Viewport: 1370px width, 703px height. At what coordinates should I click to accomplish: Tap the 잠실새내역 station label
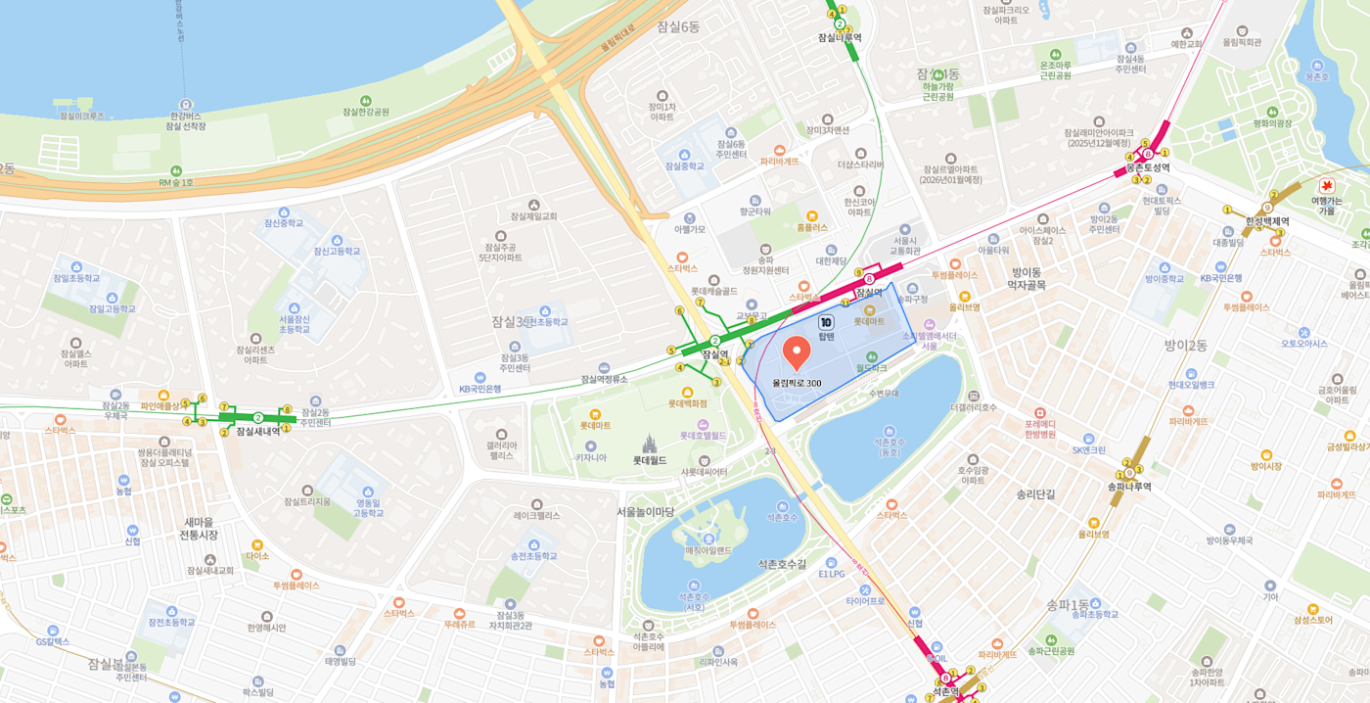click(258, 431)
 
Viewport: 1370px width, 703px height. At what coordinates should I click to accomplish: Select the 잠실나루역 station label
click(840, 38)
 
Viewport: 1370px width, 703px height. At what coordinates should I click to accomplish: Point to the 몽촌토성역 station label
click(1147, 167)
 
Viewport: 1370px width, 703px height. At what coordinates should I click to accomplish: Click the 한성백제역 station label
click(1267, 221)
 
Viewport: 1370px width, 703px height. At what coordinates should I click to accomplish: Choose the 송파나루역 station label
click(1129, 487)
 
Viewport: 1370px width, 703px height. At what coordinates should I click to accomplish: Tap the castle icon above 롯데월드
click(649, 445)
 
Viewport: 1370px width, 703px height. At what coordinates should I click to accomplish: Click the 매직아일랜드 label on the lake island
click(708, 550)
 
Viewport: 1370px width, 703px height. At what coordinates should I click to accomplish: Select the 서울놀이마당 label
click(645, 511)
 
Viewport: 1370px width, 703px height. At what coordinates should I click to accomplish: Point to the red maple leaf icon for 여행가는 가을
click(1327, 185)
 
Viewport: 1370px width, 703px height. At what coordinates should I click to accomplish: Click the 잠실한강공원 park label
click(365, 112)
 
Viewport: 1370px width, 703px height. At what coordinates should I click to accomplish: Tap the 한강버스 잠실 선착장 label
click(186, 120)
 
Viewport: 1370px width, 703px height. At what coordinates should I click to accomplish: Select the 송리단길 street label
click(1035, 494)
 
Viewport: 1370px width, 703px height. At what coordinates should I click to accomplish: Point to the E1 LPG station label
click(831, 574)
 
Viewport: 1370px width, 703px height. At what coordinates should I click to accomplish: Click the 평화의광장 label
click(1272, 123)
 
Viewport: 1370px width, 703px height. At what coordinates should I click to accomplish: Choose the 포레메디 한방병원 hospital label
click(1039, 428)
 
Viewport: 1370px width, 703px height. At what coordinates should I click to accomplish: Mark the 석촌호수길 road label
click(782, 564)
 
